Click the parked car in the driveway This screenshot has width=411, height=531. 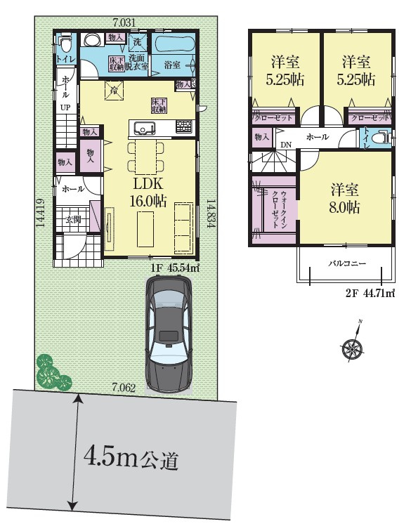pyautogui.click(x=169, y=334)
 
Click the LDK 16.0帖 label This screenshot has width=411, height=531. pyautogui.click(x=148, y=192)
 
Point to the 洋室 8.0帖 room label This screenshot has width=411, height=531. pyautogui.click(x=344, y=199)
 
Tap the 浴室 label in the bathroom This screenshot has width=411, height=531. pyautogui.click(x=172, y=65)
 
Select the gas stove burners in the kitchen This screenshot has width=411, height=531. pyautogui.click(x=183, y=126)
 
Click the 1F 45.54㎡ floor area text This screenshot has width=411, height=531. pyautogui.click(x=174, y=268)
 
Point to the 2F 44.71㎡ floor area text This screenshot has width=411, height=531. pyautogui.click(x=370, y=294)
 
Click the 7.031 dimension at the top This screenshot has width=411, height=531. pyautogui.click(x=124, y=23)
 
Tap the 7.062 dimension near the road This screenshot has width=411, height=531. pyautogui.click(x=124, y=388)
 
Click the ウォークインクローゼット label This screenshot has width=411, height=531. pyautogui.click(x=280, y=209)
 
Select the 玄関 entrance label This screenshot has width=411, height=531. pyautogui.click(x=73, y=219)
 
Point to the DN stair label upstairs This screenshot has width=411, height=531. pyautogui.click(x=286, y=145)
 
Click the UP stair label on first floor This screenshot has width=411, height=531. pyautogui.click(x=65, y=108)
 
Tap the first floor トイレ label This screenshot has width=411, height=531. pyautogui.click(x=65, y=58)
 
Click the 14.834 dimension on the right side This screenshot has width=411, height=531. pyautogui.click(x=210, y=214)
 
